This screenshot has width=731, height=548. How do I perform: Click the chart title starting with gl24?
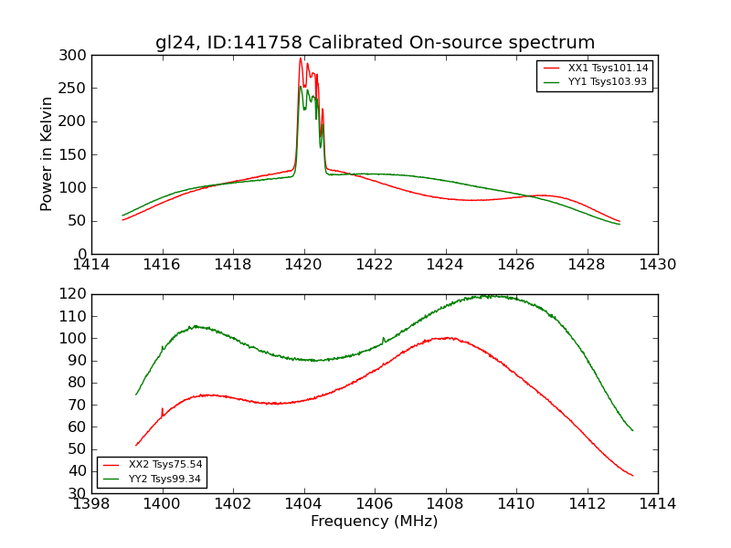pos(375,42)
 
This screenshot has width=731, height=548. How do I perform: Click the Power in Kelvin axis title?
pos(47,154)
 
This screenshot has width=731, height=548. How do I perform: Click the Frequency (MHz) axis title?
pos(375,522)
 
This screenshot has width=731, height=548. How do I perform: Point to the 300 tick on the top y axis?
pos(76,56)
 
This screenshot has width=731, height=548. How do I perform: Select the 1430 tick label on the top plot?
pos(657,264)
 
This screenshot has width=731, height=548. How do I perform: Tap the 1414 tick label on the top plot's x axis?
pos(92,264)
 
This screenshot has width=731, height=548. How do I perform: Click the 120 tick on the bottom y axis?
pos(76,294)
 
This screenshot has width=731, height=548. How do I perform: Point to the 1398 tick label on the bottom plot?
pos(92,503)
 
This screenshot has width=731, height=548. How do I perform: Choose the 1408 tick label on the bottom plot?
pos(445,503)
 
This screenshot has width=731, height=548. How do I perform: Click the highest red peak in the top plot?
pos(300,58)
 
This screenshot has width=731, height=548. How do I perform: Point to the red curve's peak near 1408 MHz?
pos(447,338)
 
